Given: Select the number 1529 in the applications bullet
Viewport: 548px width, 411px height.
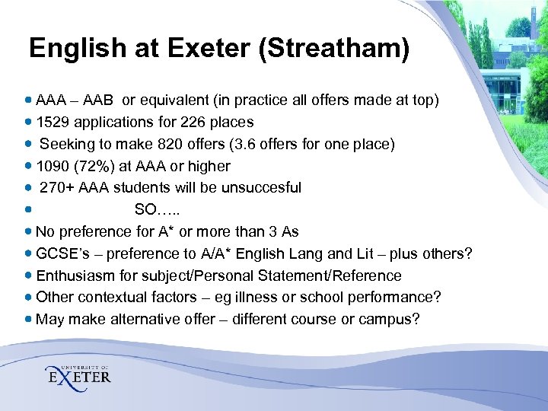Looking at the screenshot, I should pyautogui.click(x=53, y=122).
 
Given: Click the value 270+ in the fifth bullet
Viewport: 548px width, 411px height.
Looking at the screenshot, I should pyautogui.click(x=55, y=187).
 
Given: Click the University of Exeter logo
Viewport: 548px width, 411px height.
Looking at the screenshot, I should pyautogui.click(x=78, y=372).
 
